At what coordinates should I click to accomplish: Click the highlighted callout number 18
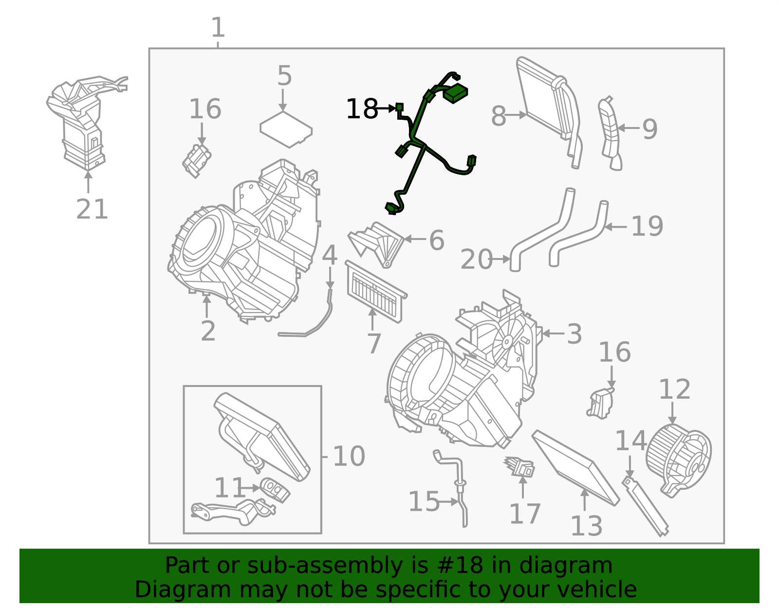click(362, 109)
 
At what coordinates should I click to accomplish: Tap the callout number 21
click(92, 210)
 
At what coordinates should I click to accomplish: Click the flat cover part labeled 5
click(286, 129)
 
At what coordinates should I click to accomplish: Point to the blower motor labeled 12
click(678, 460)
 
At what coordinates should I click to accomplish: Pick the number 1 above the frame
click(218, 28)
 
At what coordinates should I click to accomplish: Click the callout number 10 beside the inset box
click(349, 457)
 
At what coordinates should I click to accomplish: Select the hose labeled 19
click(579, 234)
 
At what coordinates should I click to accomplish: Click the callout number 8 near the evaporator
click(498, 116)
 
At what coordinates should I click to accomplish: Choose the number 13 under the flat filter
click(586, 526)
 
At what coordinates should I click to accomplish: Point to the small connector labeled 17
click(519, 466)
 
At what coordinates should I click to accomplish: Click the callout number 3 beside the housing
click(575, 334)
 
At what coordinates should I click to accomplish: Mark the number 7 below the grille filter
click(373, 344)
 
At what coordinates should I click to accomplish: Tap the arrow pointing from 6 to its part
click(415, 239)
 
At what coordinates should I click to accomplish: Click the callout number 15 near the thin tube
click(424, 501)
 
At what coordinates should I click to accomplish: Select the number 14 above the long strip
click(630, 441)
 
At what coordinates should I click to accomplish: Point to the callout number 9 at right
click(650, 129)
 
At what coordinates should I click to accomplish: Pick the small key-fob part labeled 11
click(274, 488)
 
